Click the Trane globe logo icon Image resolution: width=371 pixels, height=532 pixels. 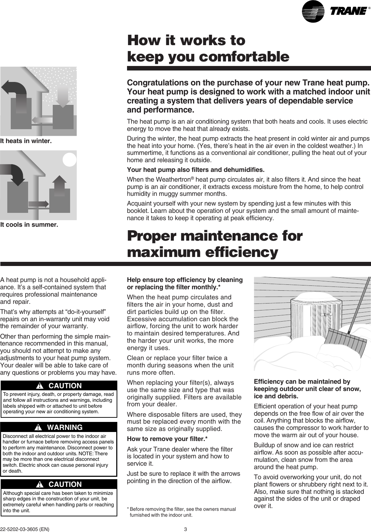click(313, 11)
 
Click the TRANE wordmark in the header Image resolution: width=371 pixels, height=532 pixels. click(348, 11)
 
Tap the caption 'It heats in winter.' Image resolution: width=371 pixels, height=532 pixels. click(26, 141)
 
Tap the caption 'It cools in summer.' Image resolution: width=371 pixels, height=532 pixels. click(29, 225)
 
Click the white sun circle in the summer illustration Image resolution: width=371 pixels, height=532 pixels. click(69, 160)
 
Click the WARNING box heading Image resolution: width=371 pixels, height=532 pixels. click(65, 427)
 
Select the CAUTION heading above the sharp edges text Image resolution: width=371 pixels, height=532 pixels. click(65, 484)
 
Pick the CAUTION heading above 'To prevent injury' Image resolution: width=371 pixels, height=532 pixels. click(65, 386)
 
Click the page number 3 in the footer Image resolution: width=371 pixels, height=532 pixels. click(185, 530)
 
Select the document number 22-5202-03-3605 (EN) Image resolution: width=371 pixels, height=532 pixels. click(25, 530)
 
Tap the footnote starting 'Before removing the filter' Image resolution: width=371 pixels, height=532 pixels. click(182, 512)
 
